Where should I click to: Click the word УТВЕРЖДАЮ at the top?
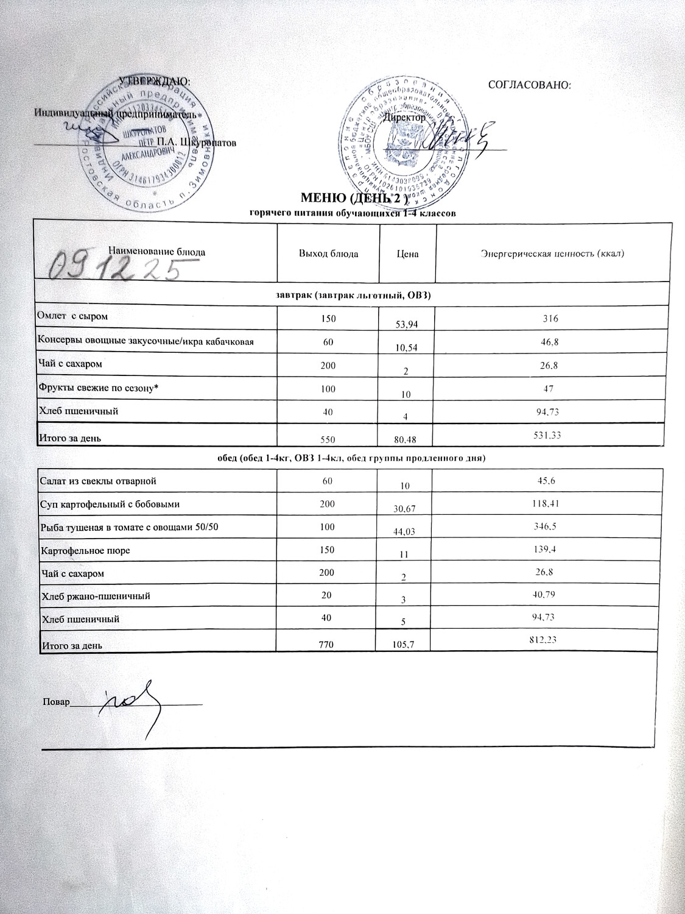tap(153, 80)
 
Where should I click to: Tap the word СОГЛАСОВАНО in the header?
tap(530, 85)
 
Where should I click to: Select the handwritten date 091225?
tap(116, 266)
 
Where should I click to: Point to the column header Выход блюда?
tap(328, 253)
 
